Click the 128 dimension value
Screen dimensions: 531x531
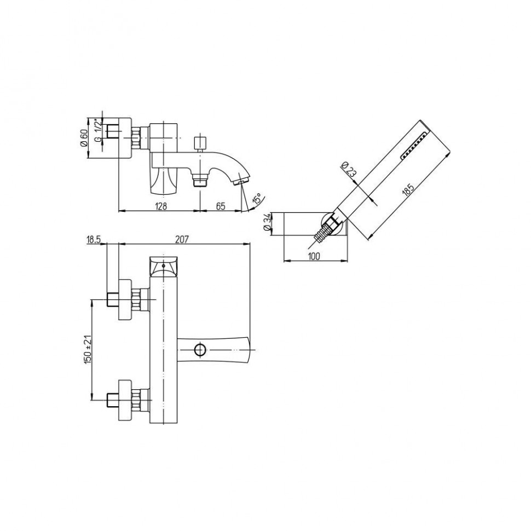[x=161, y=206]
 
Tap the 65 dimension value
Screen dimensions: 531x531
[x=221, y=206]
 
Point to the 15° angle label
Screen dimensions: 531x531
[x=257, y=199]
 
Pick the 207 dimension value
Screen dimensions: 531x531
[x=182, y=239]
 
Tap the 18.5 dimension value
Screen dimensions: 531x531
[x=94, y=240]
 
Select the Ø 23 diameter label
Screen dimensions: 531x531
[x=349, y=169]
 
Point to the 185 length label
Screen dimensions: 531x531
[x=408, y=190]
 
